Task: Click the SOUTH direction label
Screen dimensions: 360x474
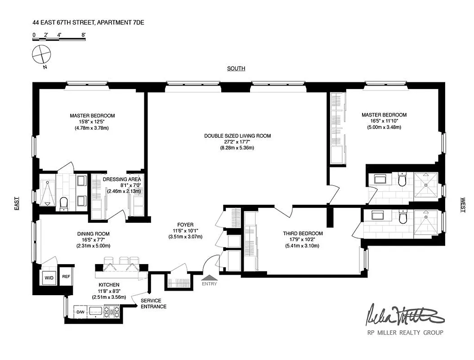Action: pos(236,68)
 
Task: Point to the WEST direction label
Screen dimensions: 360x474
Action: pos(462,205)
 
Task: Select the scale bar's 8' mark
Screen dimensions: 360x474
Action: pos(83,34)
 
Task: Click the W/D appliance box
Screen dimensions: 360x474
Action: pos(48,277)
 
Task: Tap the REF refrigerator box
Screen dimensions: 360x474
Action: pos(66,277)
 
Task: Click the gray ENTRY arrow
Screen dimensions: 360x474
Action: pos(209,277)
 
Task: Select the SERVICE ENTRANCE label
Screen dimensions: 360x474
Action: pos(153,304)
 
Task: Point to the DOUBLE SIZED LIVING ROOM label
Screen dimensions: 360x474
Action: pos(237,136)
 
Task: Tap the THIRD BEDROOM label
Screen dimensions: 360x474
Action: pos(303,233)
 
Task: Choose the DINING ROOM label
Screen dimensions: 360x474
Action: pos(93,234)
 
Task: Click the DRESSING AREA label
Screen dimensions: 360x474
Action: pos(122,179)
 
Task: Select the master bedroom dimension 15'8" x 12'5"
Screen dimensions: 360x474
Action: pos(92,121)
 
